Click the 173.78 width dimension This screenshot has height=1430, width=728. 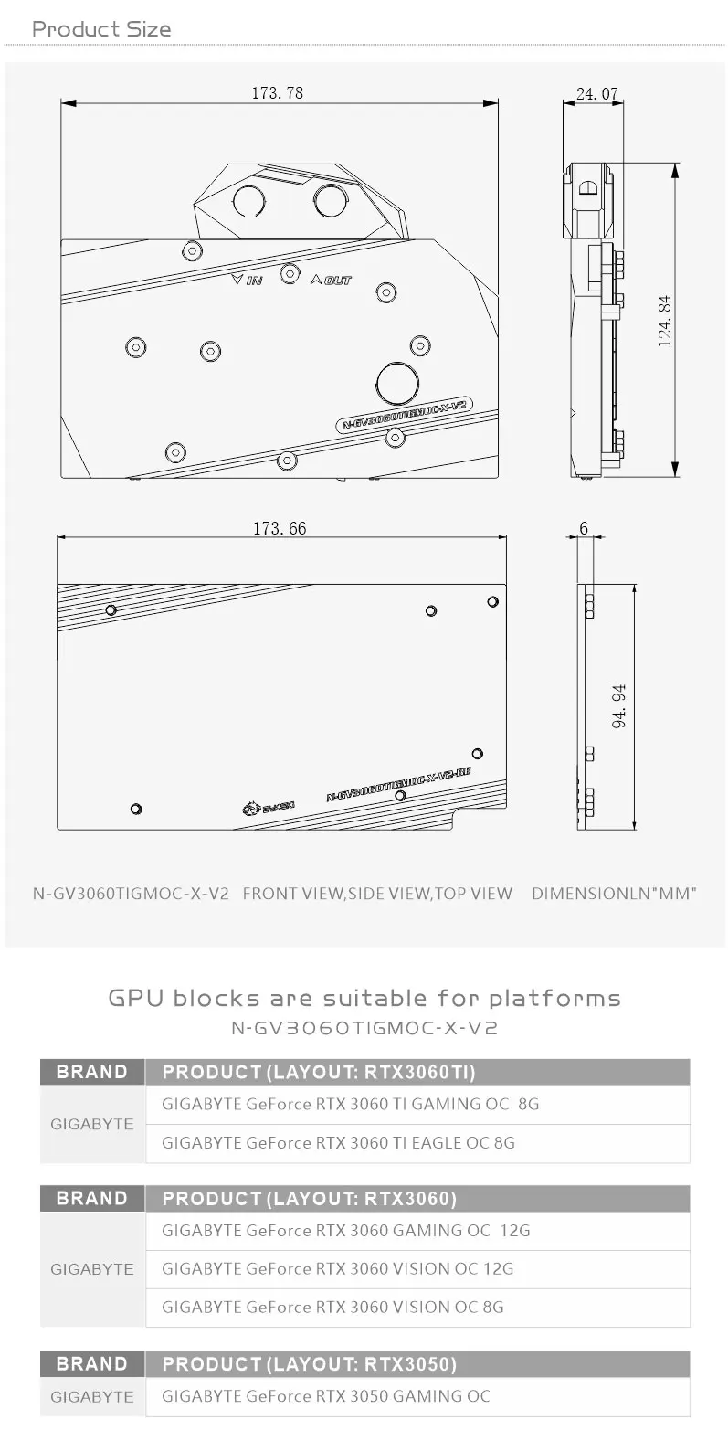277,92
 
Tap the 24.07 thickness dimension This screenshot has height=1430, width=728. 597,92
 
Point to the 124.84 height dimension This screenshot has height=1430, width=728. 665,320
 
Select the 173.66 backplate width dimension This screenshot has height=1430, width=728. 280,528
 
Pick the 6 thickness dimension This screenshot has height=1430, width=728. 584,528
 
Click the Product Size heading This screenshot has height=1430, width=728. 101,29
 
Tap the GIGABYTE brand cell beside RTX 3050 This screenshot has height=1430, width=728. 92,1396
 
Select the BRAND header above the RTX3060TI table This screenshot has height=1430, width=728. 92,1071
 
